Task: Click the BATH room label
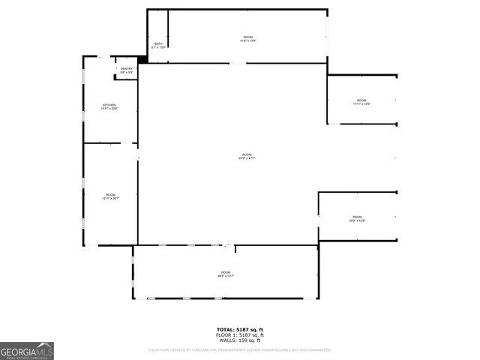point(158,43)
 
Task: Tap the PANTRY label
point(126,69)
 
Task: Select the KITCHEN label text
point(109,104)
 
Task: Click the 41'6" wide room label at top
point(247,37)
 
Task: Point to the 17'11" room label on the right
point(361,100)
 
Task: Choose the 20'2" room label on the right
point(357,217)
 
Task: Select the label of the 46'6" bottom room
point(226,273)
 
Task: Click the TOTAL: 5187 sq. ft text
point(240,330)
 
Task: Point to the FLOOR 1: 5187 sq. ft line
point(240,335)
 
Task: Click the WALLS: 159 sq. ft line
point(240,340)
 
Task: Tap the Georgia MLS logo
point(27,351)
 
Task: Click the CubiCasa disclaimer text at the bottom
point(240,349)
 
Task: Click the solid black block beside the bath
point(142,59)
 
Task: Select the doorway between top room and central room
point(237,64)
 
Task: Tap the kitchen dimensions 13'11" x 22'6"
point(109,109)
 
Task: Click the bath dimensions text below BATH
point(158,48)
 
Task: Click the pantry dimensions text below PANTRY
point(126,73)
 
